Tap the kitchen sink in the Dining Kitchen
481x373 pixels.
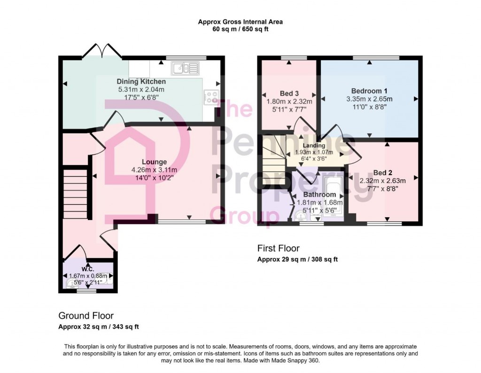coord(186,69)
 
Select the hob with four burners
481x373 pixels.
coord(211,97)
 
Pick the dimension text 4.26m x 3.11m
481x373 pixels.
coord(154,170)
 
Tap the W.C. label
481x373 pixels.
coord(88,269)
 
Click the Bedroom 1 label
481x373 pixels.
coord(369,91)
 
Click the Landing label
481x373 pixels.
coord(314,145)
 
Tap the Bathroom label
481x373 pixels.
coord(319,194)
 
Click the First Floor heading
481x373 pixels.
coord(278,248)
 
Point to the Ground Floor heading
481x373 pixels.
coord(85,316)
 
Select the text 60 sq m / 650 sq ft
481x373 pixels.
coord(240,29)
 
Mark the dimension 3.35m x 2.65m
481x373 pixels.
coord(369,99)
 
